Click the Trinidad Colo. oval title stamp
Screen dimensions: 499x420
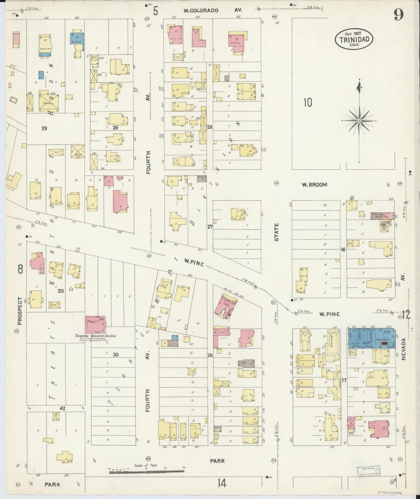[x=354, y=39]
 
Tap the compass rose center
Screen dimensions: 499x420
[x=359, y=121]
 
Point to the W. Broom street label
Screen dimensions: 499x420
[x=314, y=185]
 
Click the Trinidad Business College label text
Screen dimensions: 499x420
[x=96, y=336]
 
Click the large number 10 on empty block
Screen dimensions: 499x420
[x=308, y=103]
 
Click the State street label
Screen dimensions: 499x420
[x=276, y=232]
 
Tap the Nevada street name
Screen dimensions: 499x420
[x=404, y=349]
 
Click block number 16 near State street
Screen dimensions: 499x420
[x=343, y=250]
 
